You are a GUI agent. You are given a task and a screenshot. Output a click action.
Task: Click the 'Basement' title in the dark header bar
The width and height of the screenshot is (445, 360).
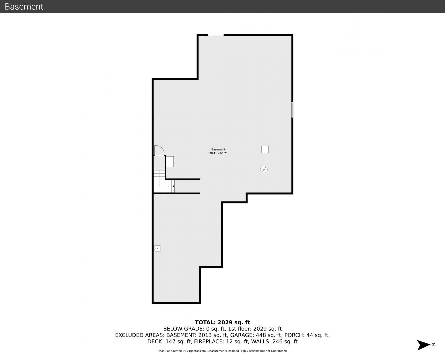pos(24,7)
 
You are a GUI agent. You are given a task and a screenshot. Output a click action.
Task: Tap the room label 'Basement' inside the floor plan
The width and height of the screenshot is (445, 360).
pos(218,149)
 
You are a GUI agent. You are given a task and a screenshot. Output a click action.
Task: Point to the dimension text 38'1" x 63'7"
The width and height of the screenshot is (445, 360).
pos(218,153)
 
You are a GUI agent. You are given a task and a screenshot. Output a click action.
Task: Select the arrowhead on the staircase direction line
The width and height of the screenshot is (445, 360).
pos(174,186)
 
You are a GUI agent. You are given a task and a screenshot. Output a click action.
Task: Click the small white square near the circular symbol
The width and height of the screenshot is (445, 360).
pos(265,149)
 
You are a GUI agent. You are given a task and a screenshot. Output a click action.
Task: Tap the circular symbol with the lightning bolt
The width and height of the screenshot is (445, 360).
pos(264,169)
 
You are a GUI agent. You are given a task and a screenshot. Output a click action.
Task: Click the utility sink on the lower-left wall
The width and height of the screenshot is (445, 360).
pos(157,248)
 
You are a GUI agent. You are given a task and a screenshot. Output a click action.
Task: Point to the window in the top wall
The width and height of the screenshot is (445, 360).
pos(216,35)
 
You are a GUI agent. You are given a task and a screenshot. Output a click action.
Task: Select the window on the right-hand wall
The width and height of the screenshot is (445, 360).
pos(292,110)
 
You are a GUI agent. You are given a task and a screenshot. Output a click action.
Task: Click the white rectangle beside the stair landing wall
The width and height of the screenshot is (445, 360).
pos(170,162)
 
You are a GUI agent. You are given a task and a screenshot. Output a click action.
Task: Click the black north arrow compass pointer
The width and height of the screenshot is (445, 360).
pos(423,345)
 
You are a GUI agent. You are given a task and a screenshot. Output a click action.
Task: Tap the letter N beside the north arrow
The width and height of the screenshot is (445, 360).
pos(434,344)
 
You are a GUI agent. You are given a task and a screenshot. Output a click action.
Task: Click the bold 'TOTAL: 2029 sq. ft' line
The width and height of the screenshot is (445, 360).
pos(222,322)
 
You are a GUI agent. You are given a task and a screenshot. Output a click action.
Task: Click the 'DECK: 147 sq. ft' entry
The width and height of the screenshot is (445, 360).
pos(169,342)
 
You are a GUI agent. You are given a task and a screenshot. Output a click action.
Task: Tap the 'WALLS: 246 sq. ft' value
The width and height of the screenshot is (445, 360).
pos(274,342)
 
